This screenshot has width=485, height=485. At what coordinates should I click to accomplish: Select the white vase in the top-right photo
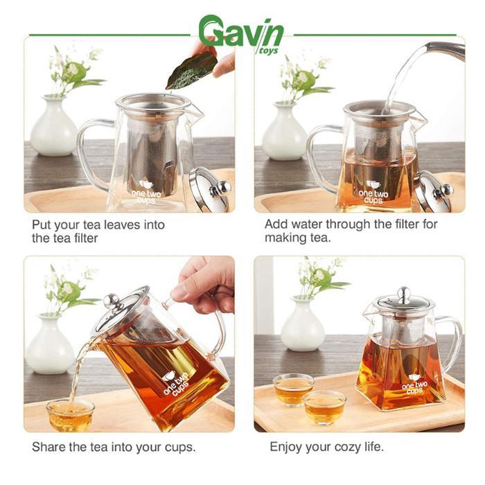click(x=285, y=133)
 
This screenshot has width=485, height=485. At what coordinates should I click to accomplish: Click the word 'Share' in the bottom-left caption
click(x=48, y=446)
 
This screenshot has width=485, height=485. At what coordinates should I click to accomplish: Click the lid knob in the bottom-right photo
click(x=403, y=293)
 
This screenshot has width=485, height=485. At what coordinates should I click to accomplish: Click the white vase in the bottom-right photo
click(x=303, y=330)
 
